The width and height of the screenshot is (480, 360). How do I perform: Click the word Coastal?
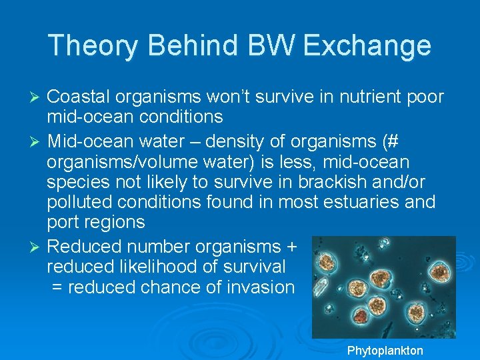pos(78,97)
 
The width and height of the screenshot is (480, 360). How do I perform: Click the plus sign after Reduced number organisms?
pos(291,247)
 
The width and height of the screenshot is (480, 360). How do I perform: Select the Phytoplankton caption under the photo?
pos(385,351)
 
